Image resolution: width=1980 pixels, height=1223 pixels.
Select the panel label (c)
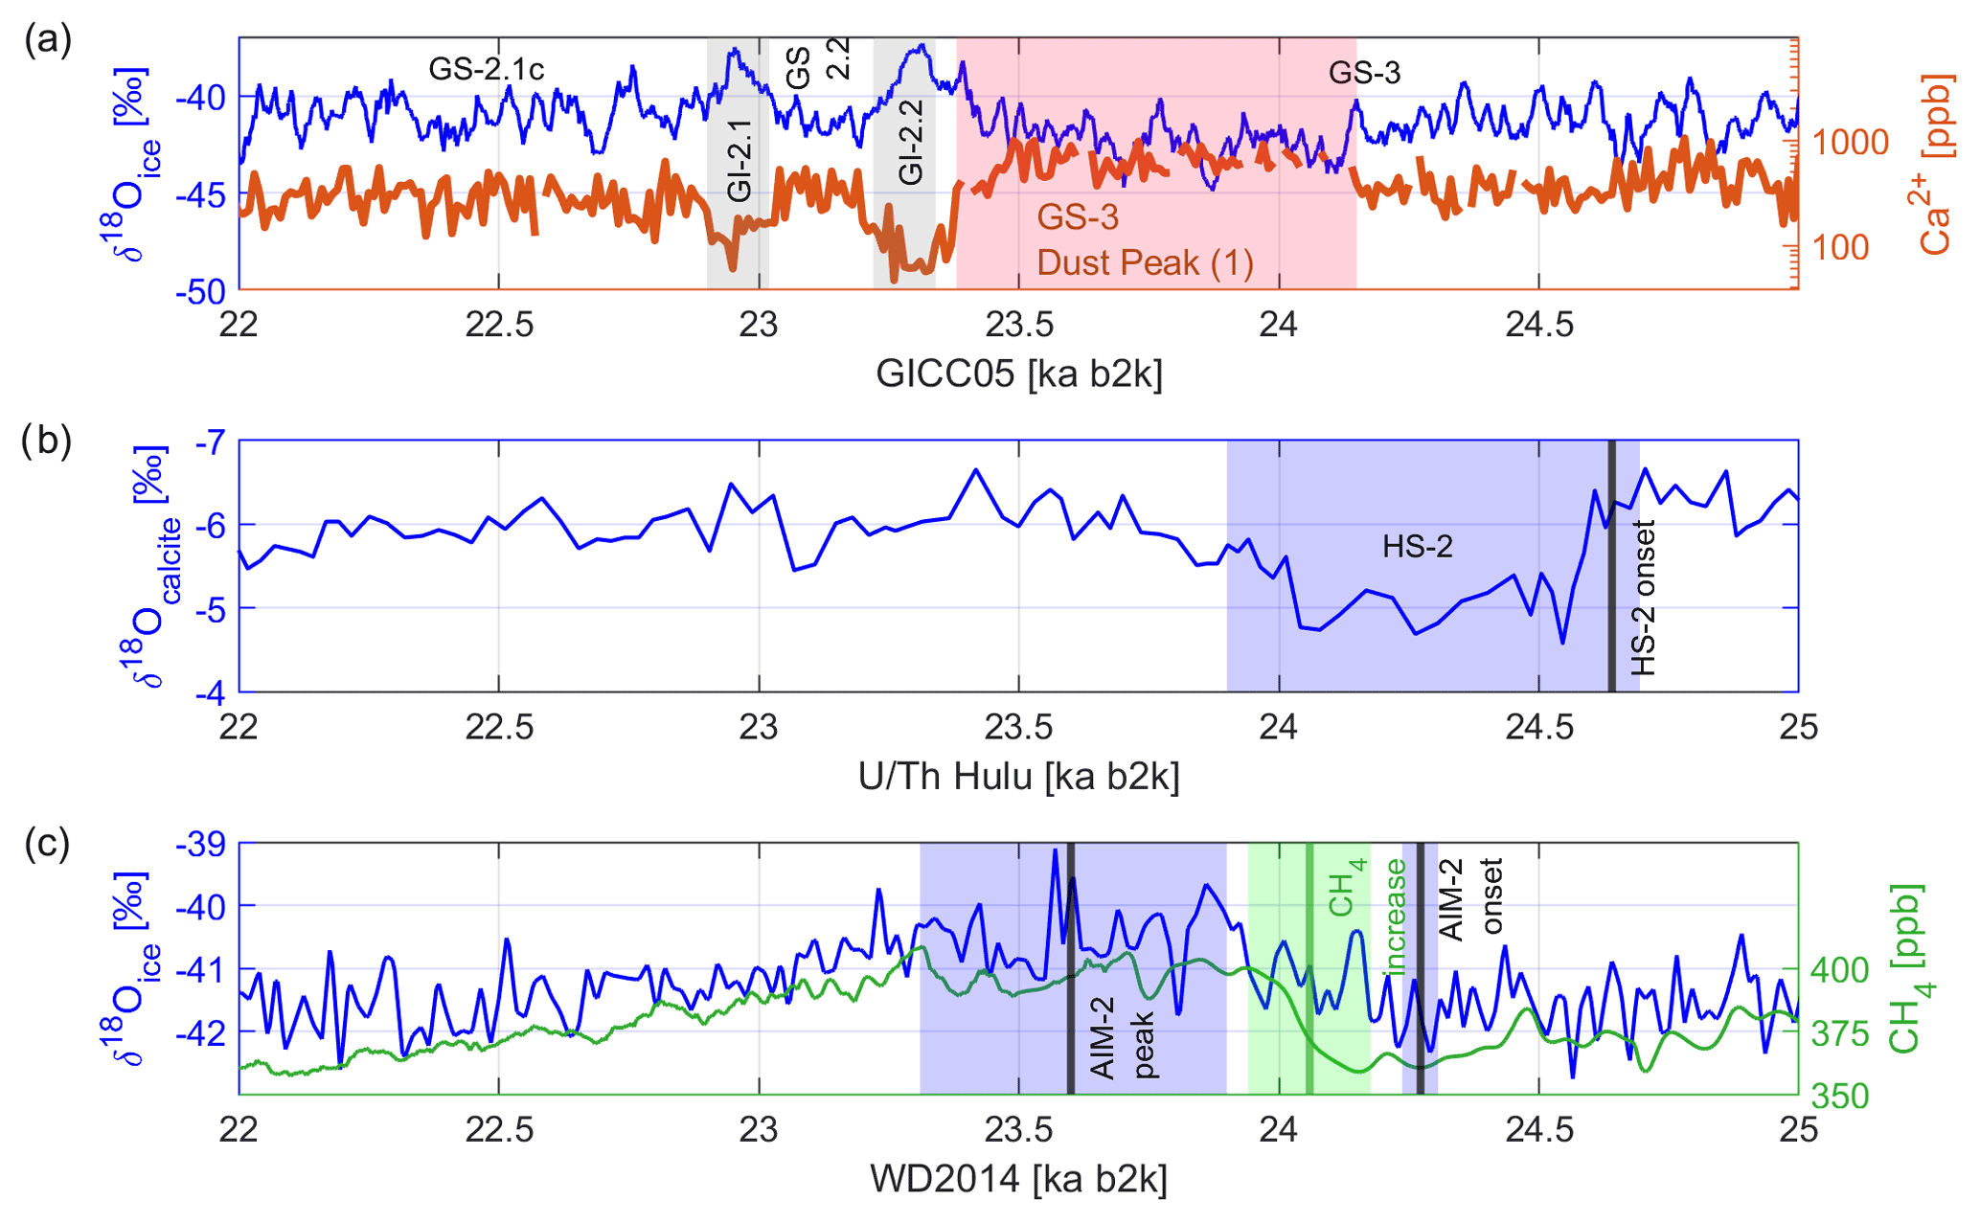point(48,845)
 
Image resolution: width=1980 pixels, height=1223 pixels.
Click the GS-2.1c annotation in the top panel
point(486,69)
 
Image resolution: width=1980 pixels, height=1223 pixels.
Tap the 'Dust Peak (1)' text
point(1145,262)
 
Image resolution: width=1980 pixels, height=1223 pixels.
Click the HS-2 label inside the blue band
point(1417,547)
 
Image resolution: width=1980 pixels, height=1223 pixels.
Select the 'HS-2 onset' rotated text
point(1643,598)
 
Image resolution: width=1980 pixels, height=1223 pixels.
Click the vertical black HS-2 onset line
point(1611,565)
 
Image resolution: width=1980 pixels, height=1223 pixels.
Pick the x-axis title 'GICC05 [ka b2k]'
point(1018,374)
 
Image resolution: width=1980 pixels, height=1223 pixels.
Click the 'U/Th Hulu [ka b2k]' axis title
point(1018,777)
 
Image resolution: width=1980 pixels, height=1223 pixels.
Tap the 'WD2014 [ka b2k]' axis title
point(1018,1179)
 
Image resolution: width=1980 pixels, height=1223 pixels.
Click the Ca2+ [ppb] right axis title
point(1935,163)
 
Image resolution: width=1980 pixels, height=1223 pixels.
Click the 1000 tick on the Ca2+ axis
point(1850,143)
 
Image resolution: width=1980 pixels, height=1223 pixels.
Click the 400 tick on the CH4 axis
point(1839,969)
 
